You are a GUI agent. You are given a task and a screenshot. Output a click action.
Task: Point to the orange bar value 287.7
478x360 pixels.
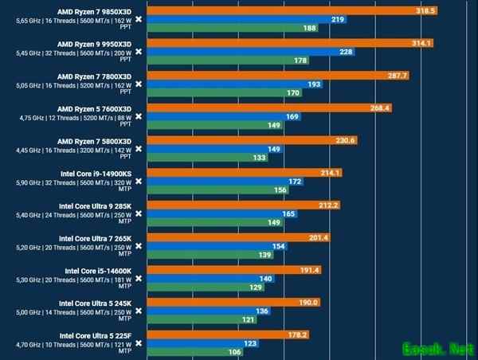point(396,76)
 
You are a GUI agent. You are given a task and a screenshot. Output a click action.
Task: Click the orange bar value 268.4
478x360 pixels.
point(379,108)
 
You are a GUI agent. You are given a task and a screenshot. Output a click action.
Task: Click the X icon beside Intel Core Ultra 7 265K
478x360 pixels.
point(139,246)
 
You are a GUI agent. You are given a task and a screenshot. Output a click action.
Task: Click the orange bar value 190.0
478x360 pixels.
point(307,302)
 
